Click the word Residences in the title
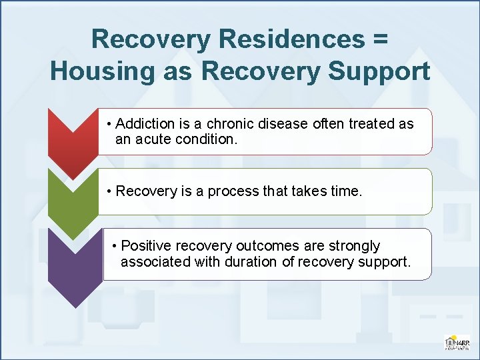[x=290, y=39]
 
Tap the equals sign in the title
[x=380, y=39]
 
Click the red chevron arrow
[x=73, y=140]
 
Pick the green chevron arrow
[x=73, y=200]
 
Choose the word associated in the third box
[x=155, y=261]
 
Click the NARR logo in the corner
[x=457, y=341]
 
